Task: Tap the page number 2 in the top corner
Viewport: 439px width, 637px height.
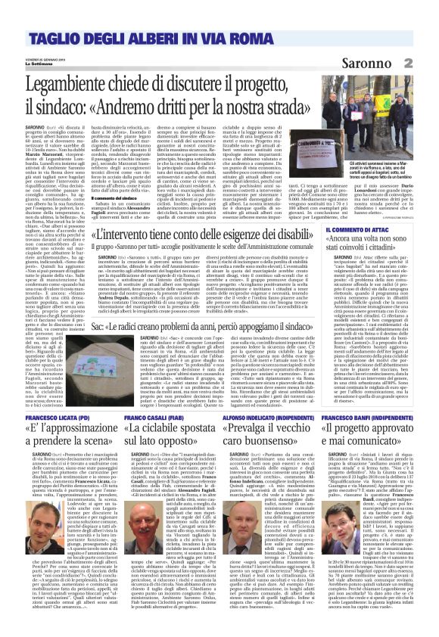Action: click(x=428, y=63)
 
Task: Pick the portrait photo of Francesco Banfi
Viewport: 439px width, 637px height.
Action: click(x=409, y=514)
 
